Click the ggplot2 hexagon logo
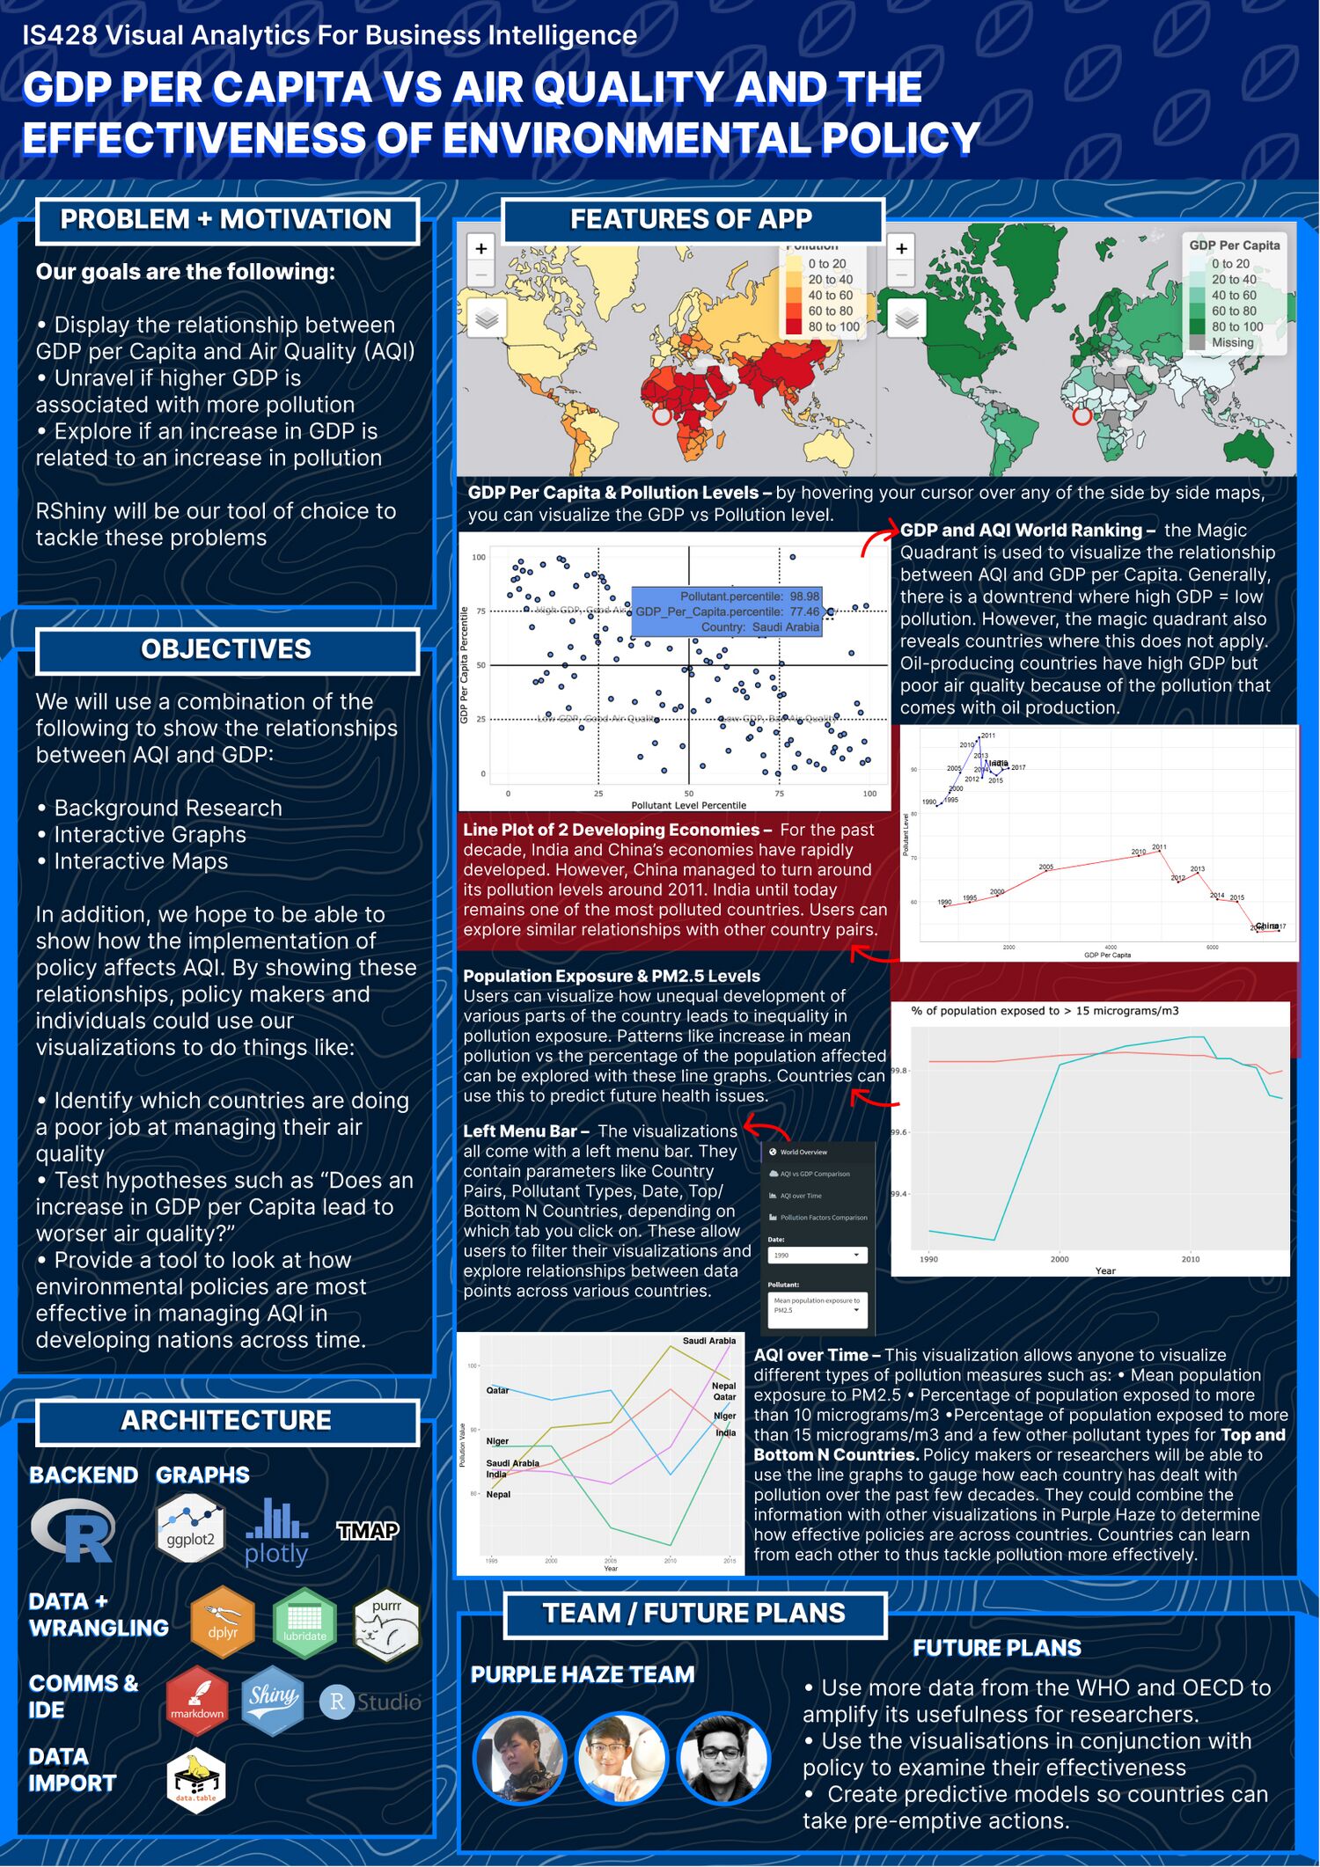pos(190,1530)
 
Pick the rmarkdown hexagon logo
pos(197,1700)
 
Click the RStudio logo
pos(370,1702)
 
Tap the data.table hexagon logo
pos(195,1778)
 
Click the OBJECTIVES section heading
pos(226,650)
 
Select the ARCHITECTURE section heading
pos(226,1421)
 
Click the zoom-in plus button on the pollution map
pos(481,249)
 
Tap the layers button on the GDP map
pos(907,318)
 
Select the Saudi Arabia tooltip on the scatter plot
pos(726,611)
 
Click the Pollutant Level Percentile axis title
pos(688,805)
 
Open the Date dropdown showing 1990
pos(817,1256)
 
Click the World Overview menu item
pos(803,1152)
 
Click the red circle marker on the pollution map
pos(661,415)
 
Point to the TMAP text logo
pos(368,1531)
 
